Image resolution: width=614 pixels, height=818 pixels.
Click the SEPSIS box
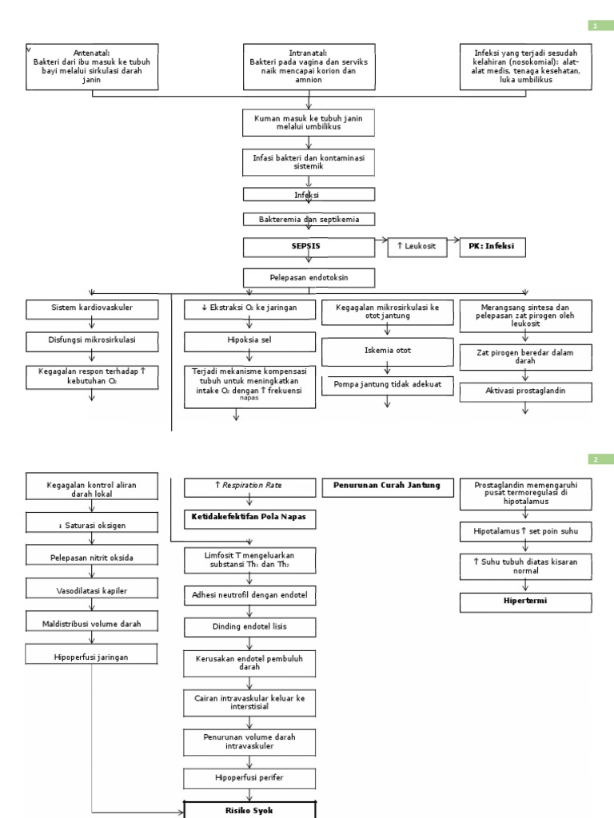pos(308,247)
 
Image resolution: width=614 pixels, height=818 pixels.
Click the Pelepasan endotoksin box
pos(308,277)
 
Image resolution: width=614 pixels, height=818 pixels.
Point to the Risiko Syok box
pos(249,809)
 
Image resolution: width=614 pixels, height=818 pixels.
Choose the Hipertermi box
pos(525,601)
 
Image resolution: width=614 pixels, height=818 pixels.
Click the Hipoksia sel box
pos(237,343)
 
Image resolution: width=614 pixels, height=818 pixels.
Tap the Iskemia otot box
pos(387,351)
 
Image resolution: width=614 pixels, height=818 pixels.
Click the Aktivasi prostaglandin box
pos(525,391)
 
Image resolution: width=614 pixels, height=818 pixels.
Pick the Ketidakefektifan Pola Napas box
pos(249,517)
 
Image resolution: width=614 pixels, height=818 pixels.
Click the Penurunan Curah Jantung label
pos(386,485)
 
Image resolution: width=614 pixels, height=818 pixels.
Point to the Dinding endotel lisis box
pos(249,626)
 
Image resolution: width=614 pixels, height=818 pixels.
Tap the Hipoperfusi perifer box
pos(249,777)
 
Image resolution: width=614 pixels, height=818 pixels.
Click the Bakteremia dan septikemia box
pos(308,218)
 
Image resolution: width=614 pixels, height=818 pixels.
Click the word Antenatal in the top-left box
pos(91,53)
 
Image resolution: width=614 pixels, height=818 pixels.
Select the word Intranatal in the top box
pos(308,53)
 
